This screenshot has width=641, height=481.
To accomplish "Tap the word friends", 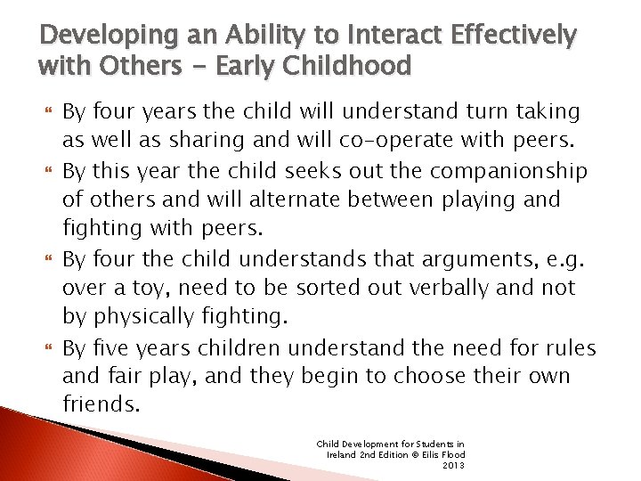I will click(101, 404).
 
